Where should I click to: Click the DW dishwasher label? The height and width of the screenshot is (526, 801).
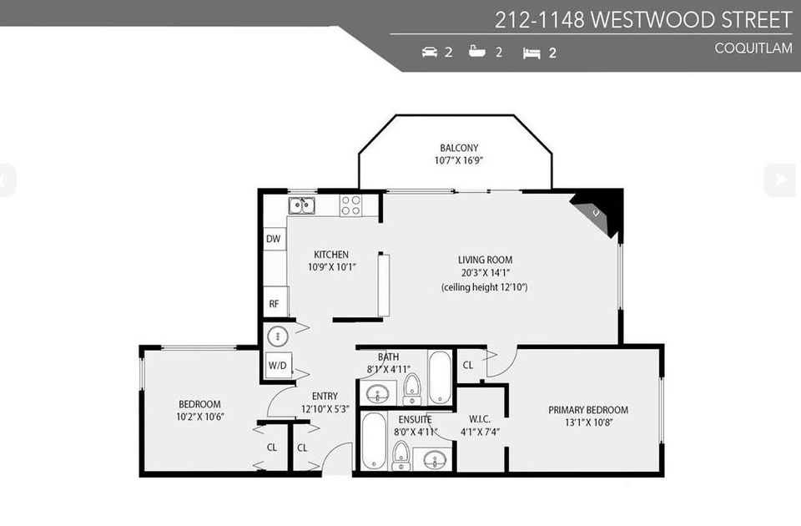click(274, 240)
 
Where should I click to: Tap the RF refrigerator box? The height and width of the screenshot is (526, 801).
click(274, 304)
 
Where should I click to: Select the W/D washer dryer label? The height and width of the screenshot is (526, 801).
click(276, 366)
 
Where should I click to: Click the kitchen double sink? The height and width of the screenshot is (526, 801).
click(301, 205)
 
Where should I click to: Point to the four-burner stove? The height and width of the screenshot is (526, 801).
click(350, 205)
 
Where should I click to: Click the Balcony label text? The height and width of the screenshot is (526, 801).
click(459, 148)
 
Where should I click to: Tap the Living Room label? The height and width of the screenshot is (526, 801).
click(484, 260)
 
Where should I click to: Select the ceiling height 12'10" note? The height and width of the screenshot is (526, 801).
click(484, 287)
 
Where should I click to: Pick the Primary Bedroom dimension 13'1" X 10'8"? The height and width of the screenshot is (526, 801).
click(587, 423)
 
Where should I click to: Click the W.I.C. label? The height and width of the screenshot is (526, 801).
click(480, 418)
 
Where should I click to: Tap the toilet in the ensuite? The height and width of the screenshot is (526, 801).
click(400, 453)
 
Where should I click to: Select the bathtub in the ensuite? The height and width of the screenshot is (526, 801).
click(375, 440)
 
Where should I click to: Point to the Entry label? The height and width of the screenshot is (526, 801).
click(325, 396)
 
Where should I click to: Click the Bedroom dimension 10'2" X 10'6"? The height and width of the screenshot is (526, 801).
click(199, 417)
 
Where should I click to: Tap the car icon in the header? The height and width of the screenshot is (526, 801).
click(430, 52)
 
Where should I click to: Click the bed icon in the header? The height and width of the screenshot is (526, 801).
click(531, 53)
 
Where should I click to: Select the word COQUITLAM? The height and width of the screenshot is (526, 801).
click(753, 48)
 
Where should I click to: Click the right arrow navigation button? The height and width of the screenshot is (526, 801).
click(780, 179)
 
